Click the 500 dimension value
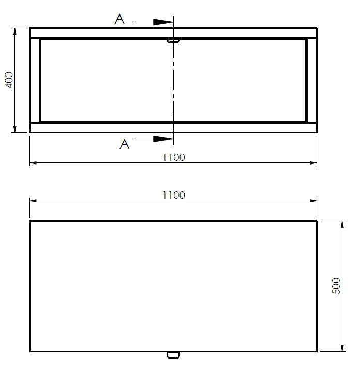point(337,286)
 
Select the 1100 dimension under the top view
point(173,157)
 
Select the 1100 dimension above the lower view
point(173,195)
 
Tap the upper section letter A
point(119,20)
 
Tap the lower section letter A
point(124,144)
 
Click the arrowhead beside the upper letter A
point(163,22)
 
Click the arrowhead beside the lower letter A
point(163,139)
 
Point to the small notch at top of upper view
point(173,40)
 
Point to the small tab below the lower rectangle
point(173,355)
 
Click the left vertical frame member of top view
point(35,80)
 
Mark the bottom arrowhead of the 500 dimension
point(342,348)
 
